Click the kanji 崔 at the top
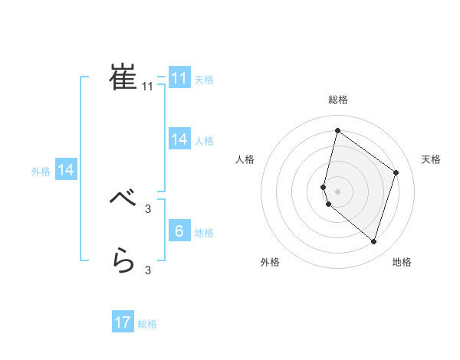click(x=123, y=77)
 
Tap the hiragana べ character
click(x=123, y=198)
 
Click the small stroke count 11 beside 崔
click(x=148, y=87)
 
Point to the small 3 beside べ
click(x=148, y=208)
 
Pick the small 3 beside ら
click(x=148, y=270)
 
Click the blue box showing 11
click(x=179, y=78)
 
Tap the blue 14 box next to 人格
click(x=179, y=139)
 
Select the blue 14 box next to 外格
click(x=66, y=171)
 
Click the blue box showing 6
click(x=179, y=231)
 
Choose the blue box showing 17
click(x=123, y=322)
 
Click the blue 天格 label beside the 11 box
click(x=204, y=79)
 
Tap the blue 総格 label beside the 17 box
click(x=147, y=324)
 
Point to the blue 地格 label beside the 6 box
click(x=204, y=233)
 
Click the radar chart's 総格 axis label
click(x=337, y=100)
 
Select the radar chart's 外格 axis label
click(x=270, y=262)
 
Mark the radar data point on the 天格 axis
click(x=396, y=172)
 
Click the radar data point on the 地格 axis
click(x=373, y=242)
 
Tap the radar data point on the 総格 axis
click(x=337, y=130)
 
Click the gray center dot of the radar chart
click(x=337, y=191)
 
